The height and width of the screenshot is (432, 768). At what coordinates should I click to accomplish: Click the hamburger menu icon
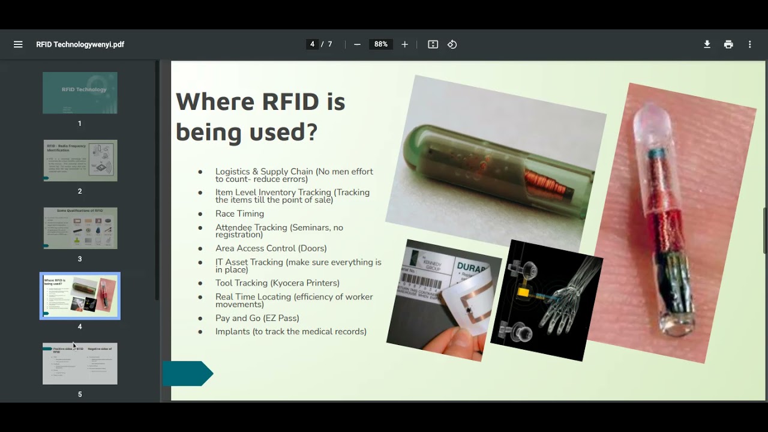coord(18,44)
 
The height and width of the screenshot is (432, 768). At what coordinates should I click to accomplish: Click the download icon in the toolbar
coord(707,44)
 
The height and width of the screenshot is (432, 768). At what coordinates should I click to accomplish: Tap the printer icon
coord(728,44)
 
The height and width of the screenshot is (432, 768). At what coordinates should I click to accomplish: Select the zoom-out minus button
coord(358,44)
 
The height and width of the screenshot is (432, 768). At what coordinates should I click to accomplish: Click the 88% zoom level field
coord(381,44)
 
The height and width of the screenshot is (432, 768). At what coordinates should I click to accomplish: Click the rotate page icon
coord(452,44)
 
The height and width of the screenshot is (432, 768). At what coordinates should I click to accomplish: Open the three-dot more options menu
coord(749,44)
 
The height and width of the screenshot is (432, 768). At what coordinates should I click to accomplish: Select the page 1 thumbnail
coord(80,93)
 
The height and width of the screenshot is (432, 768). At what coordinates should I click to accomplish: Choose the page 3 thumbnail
coord(80,228)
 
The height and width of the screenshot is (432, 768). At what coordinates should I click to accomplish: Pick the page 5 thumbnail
coord(80,364)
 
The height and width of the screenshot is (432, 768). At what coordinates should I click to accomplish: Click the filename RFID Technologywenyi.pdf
coord(80,44)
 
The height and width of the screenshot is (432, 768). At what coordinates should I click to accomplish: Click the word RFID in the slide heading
coord(290,102)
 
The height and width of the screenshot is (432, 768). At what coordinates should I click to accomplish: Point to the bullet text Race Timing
coord(239,214)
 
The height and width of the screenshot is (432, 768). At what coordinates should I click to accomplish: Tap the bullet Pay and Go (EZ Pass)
coord(257,318)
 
